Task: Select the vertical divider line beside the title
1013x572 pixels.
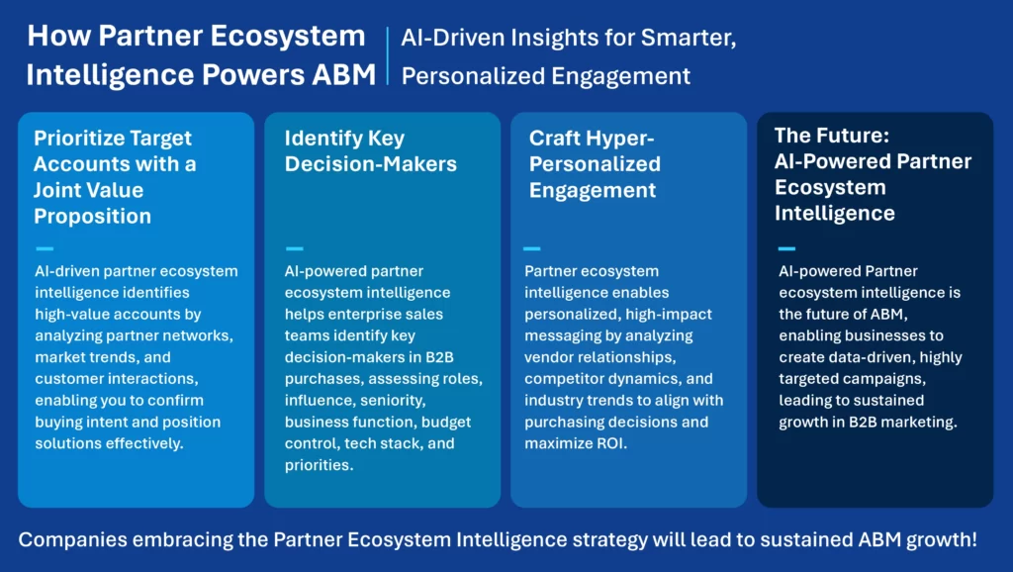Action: tap(388, 56)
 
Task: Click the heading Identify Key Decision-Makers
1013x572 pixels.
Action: tap(371, 151)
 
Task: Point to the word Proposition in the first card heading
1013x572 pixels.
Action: tap(93, 216)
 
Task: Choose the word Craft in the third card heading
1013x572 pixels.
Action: tap(556, 139)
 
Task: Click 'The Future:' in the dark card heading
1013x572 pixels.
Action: tap(828, 136)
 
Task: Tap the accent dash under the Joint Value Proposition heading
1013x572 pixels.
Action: tap(45, 248)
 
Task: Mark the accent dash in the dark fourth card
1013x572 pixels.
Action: tap(786, 248)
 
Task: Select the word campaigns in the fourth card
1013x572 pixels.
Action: tap(877, 378)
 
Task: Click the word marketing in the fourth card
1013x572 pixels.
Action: tap(919, 422)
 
